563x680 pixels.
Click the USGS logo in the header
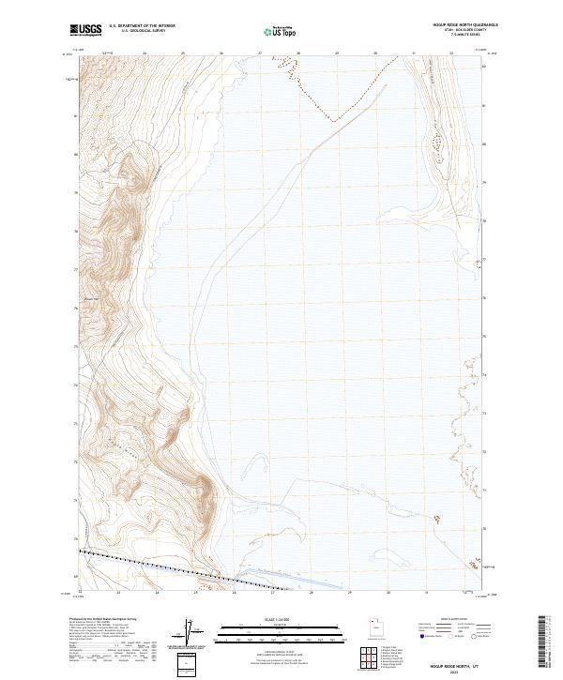[85, 31]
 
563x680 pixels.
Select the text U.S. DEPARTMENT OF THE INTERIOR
[143, 26]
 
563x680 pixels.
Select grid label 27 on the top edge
[259, 54]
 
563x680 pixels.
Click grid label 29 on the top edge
[336, 54]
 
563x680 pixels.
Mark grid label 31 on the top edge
[413, 54]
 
